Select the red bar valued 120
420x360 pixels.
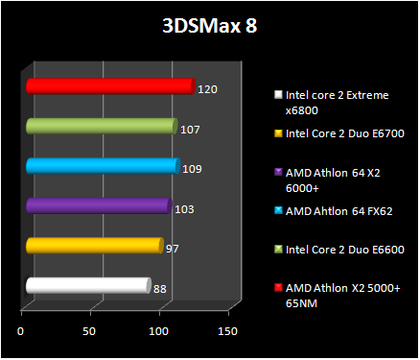(x=109, y=86)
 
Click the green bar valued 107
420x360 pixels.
(x=102, y=126)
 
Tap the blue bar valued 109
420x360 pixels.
(x=103, y=166)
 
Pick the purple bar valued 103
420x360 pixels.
(x=99, y=205)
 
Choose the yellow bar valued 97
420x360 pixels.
(x=94, y=246)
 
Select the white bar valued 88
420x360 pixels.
(x=88, y=285)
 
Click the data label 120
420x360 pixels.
(x=206, y=88)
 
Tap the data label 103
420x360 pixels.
(x=184, y=207)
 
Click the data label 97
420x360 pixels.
(x=173, y=248)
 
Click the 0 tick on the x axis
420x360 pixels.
(x=21, y=331)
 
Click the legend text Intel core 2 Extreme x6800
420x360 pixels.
(x=336, y=103)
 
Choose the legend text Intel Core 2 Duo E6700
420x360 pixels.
(x=344, y=133)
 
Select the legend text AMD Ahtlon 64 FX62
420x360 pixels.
(x=337, y=210)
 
